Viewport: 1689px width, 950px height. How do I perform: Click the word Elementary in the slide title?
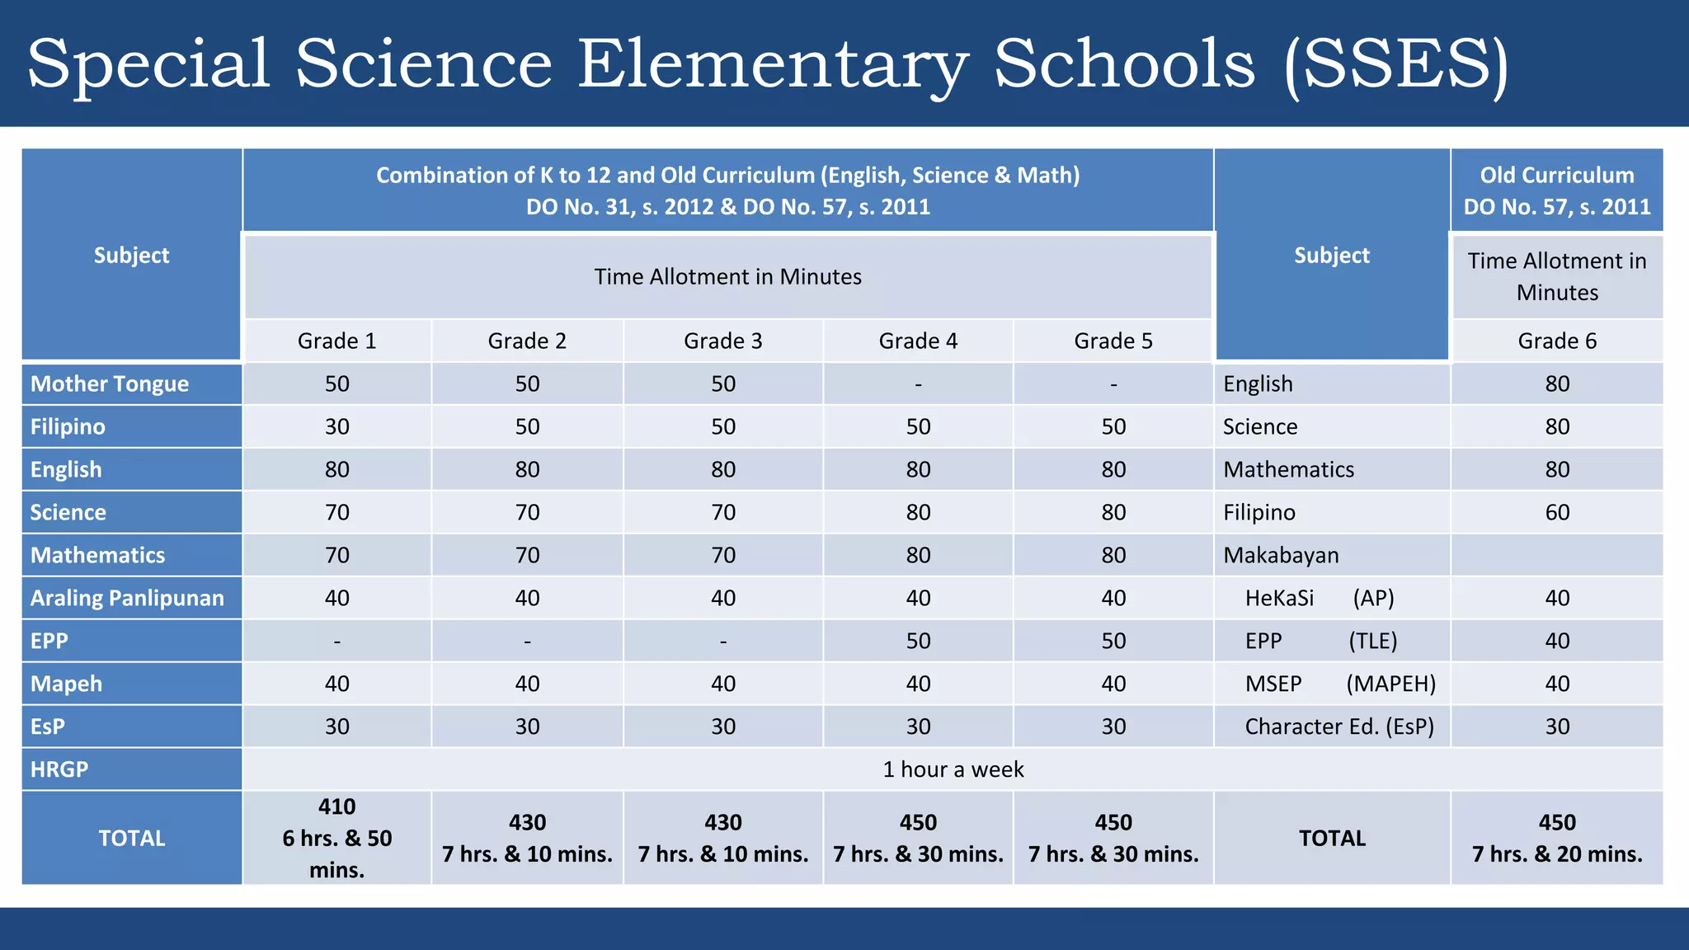771,64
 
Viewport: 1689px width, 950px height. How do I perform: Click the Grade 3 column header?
723,341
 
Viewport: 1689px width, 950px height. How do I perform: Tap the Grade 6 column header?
1557,341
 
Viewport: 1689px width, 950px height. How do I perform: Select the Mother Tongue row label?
110,383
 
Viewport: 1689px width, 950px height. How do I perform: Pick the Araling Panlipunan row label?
127,598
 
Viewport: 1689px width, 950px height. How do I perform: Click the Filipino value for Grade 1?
336,426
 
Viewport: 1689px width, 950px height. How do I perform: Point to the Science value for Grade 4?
918,512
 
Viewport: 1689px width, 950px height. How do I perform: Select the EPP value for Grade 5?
1113,641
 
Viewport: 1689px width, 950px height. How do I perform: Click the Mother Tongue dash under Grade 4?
918,384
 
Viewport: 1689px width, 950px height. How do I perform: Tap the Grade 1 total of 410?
336,807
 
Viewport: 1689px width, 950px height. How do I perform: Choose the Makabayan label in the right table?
1281,555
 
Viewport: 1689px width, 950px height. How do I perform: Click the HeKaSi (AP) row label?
1320,598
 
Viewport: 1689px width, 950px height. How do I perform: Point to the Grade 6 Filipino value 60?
1557,512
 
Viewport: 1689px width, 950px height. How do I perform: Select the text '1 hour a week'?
953,769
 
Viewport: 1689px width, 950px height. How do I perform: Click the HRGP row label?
59,769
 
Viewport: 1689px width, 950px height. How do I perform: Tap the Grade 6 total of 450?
1557,822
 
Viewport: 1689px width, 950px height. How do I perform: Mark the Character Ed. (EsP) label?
1339,727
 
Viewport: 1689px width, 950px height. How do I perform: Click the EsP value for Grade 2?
527,727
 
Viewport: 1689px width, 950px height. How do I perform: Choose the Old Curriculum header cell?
1557,190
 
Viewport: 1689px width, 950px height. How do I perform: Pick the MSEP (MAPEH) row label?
1340,684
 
